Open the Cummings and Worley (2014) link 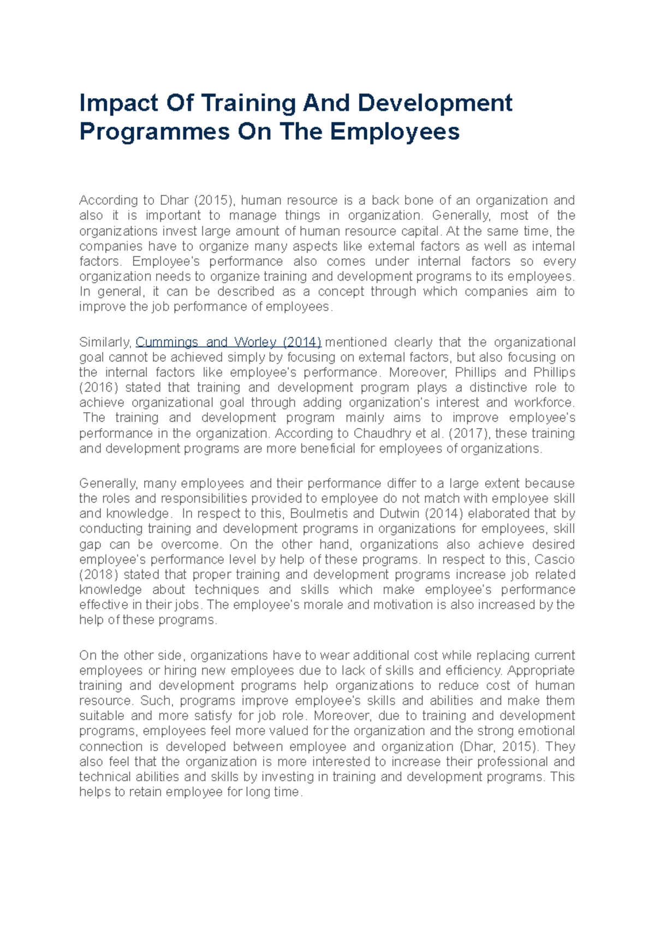coord(228,342)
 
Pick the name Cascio coord(555,560)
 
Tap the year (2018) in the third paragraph coord(98,575)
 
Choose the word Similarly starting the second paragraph coord(105,342)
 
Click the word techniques coord(227,590)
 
